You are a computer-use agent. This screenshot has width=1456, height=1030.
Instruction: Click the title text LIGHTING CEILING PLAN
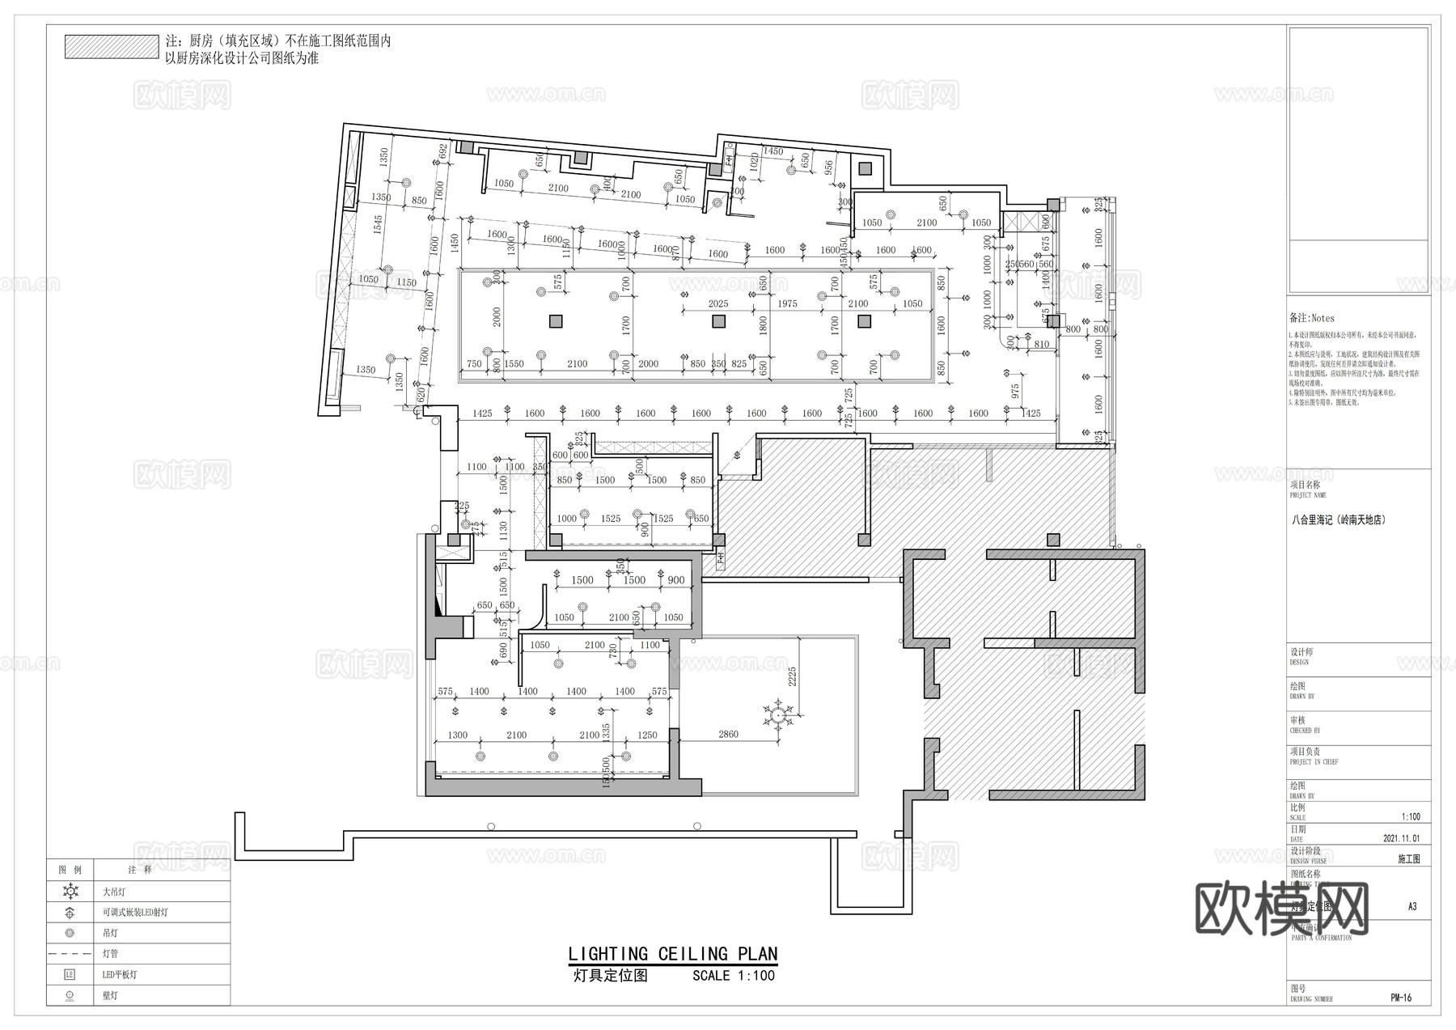pyautogui.click(x=672, y=955)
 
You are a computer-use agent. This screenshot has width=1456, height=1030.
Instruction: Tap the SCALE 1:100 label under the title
pyautogui.click(x=733, y=976)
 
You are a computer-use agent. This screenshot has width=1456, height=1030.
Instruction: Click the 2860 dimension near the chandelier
pyautogui.click(x=728, y=735)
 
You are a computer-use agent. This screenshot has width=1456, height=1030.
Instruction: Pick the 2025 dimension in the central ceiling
pyautogui.click(x=717, y=304)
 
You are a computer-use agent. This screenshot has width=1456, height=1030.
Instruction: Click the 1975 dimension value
pyautogui.click(x=787, y=304)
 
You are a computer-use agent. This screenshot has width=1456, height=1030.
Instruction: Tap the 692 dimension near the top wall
pyautogui.click(x=443, y=152)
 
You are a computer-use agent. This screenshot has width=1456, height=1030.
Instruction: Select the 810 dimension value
pyautogui.click(x=1041, y=345)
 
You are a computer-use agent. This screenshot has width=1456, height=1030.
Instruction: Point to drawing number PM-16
pyautogui.click(x=1401, y=998)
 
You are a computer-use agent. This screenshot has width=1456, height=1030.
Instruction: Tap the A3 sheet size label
pyautogui.click(x=1412, y=906)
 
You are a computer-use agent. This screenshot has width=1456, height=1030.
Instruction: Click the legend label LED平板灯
pyautogui.click(x=120, y=975)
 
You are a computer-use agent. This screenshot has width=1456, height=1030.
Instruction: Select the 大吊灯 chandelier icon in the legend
pyautogui.click(x=70, y=892)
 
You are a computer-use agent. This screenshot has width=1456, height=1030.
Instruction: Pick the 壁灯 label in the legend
pyautogui.click(x=110, y=995)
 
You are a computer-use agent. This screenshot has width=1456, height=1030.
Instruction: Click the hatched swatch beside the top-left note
pyautogui.click(x=112, y=46)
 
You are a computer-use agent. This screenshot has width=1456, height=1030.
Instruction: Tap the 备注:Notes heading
pyautogui.click(x=1312, y=319)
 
